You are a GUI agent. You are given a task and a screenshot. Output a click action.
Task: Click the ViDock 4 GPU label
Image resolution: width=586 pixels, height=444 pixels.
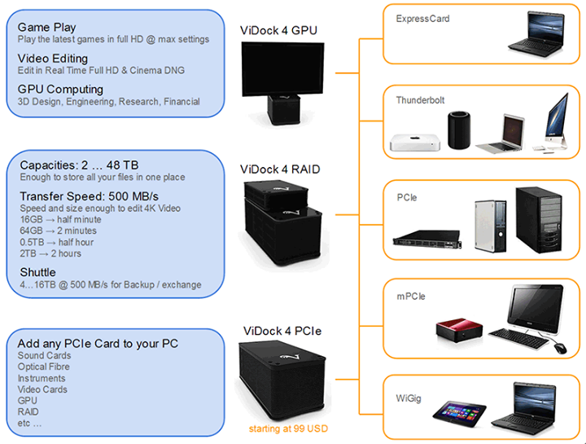(x=278, y=31)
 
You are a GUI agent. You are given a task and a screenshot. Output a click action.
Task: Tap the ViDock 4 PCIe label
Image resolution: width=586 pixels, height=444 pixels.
(x=282, y=331)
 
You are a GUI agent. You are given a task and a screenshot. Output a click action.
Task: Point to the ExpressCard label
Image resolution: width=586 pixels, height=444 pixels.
(x=422, y=18)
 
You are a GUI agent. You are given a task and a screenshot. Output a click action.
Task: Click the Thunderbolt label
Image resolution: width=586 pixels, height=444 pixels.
(x=422, y=99)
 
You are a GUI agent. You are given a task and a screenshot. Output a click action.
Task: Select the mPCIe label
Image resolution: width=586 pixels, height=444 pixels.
(x=410, y=297)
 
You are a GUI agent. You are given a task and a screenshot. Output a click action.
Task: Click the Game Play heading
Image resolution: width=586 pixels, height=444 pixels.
(x=48, y=27)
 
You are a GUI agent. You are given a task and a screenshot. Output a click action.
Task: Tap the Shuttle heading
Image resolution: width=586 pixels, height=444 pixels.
(x=38, y=272)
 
